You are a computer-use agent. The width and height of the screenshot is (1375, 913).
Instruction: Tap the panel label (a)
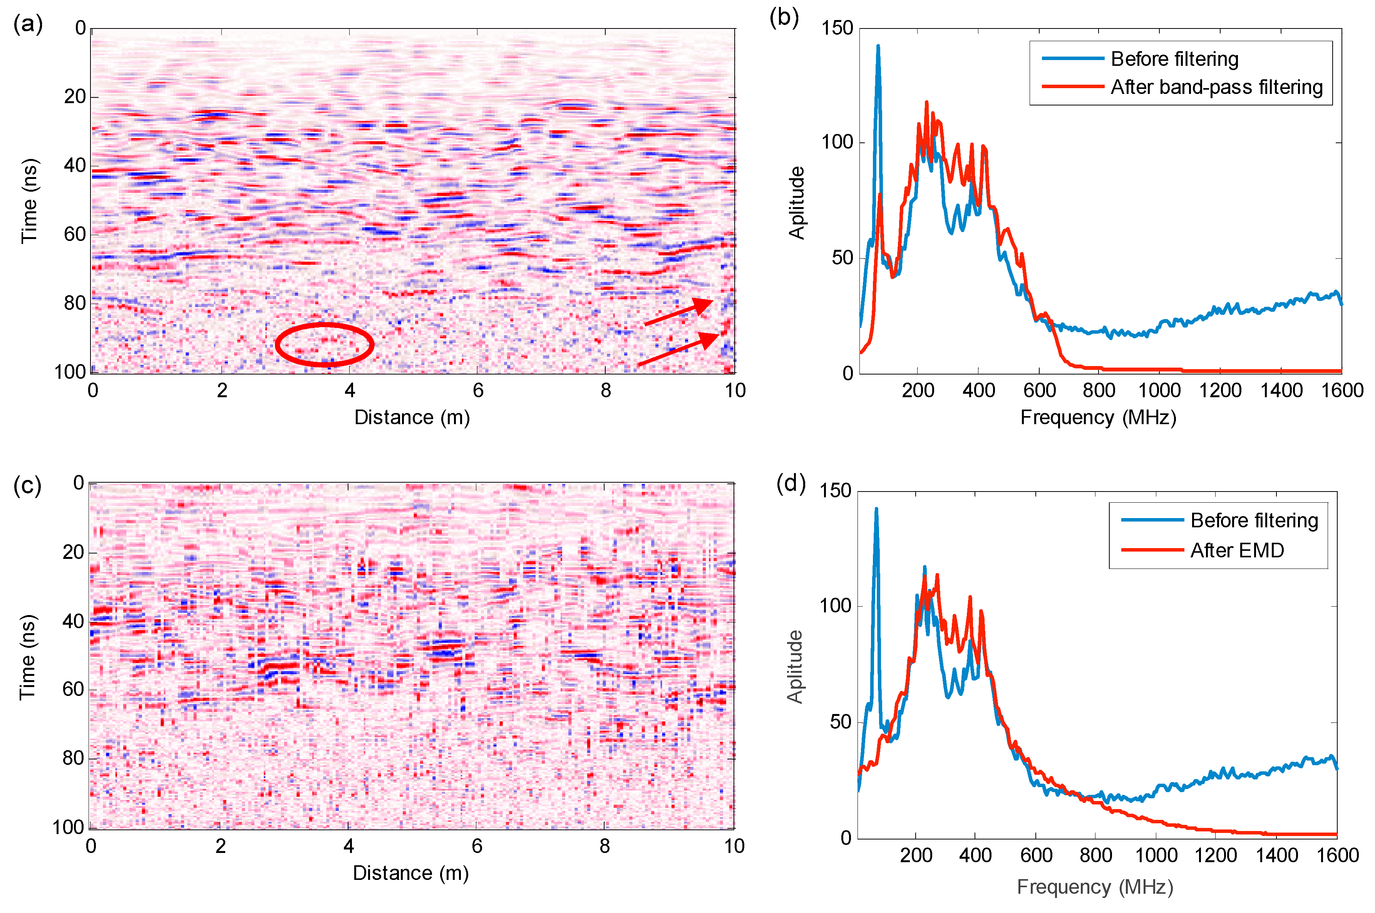27,25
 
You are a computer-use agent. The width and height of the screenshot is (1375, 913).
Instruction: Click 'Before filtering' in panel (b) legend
1174,59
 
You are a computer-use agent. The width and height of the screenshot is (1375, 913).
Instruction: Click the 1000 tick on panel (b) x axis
1159,390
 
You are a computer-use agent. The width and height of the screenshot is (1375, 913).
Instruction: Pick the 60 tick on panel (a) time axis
75,234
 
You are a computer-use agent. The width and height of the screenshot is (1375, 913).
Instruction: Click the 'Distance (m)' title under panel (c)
410,873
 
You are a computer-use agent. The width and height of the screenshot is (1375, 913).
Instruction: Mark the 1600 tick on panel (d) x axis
1337,855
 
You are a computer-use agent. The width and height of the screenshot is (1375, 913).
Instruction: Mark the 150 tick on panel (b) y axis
837,28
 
